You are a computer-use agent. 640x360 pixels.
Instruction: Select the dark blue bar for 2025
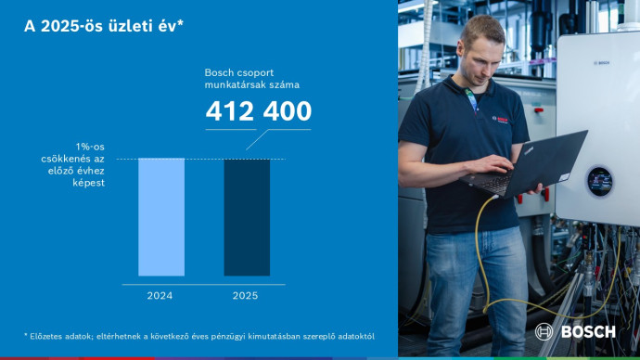[247, 217]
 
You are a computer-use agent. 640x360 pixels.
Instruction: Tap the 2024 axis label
[160, 295]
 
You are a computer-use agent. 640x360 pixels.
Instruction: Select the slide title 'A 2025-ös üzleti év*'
[104, 27]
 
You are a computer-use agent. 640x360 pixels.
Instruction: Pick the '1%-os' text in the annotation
[90, 147]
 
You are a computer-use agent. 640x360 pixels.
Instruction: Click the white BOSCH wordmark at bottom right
[586, 332]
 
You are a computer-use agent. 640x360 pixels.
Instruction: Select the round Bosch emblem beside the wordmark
[544, 332]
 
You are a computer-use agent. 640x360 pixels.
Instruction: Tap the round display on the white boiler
[599, 181]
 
